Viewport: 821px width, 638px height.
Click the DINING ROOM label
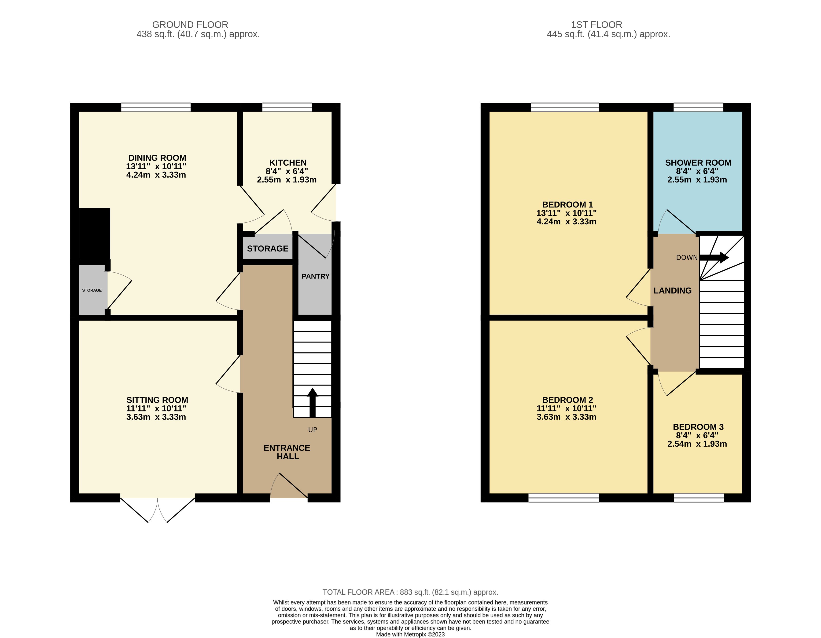(x=157, y=158)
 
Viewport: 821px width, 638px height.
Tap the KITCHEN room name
(x=288, y=163)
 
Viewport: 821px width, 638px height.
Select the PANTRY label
(x=315, y=276)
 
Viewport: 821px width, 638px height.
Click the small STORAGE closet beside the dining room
(x=92, y=290)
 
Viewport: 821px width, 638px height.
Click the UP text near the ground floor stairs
(x=312, y=430)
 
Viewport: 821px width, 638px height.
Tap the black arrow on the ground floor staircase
(x=312, y=402)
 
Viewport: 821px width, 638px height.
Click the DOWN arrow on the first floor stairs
(x=714, y=258)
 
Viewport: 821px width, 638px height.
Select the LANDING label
(x=673, y=290)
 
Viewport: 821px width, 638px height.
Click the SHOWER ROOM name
(x=698, y=163)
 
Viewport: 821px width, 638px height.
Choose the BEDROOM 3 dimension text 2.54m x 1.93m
(x=697, y=444)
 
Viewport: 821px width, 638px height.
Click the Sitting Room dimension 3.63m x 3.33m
(x=156, y=417)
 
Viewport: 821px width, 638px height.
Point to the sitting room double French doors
(x=158, y=509)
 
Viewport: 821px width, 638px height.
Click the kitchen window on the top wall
(x=287, y=107)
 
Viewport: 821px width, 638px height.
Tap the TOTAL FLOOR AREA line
(x=410, y=592)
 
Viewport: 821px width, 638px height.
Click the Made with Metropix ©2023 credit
(x=410, y=634)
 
